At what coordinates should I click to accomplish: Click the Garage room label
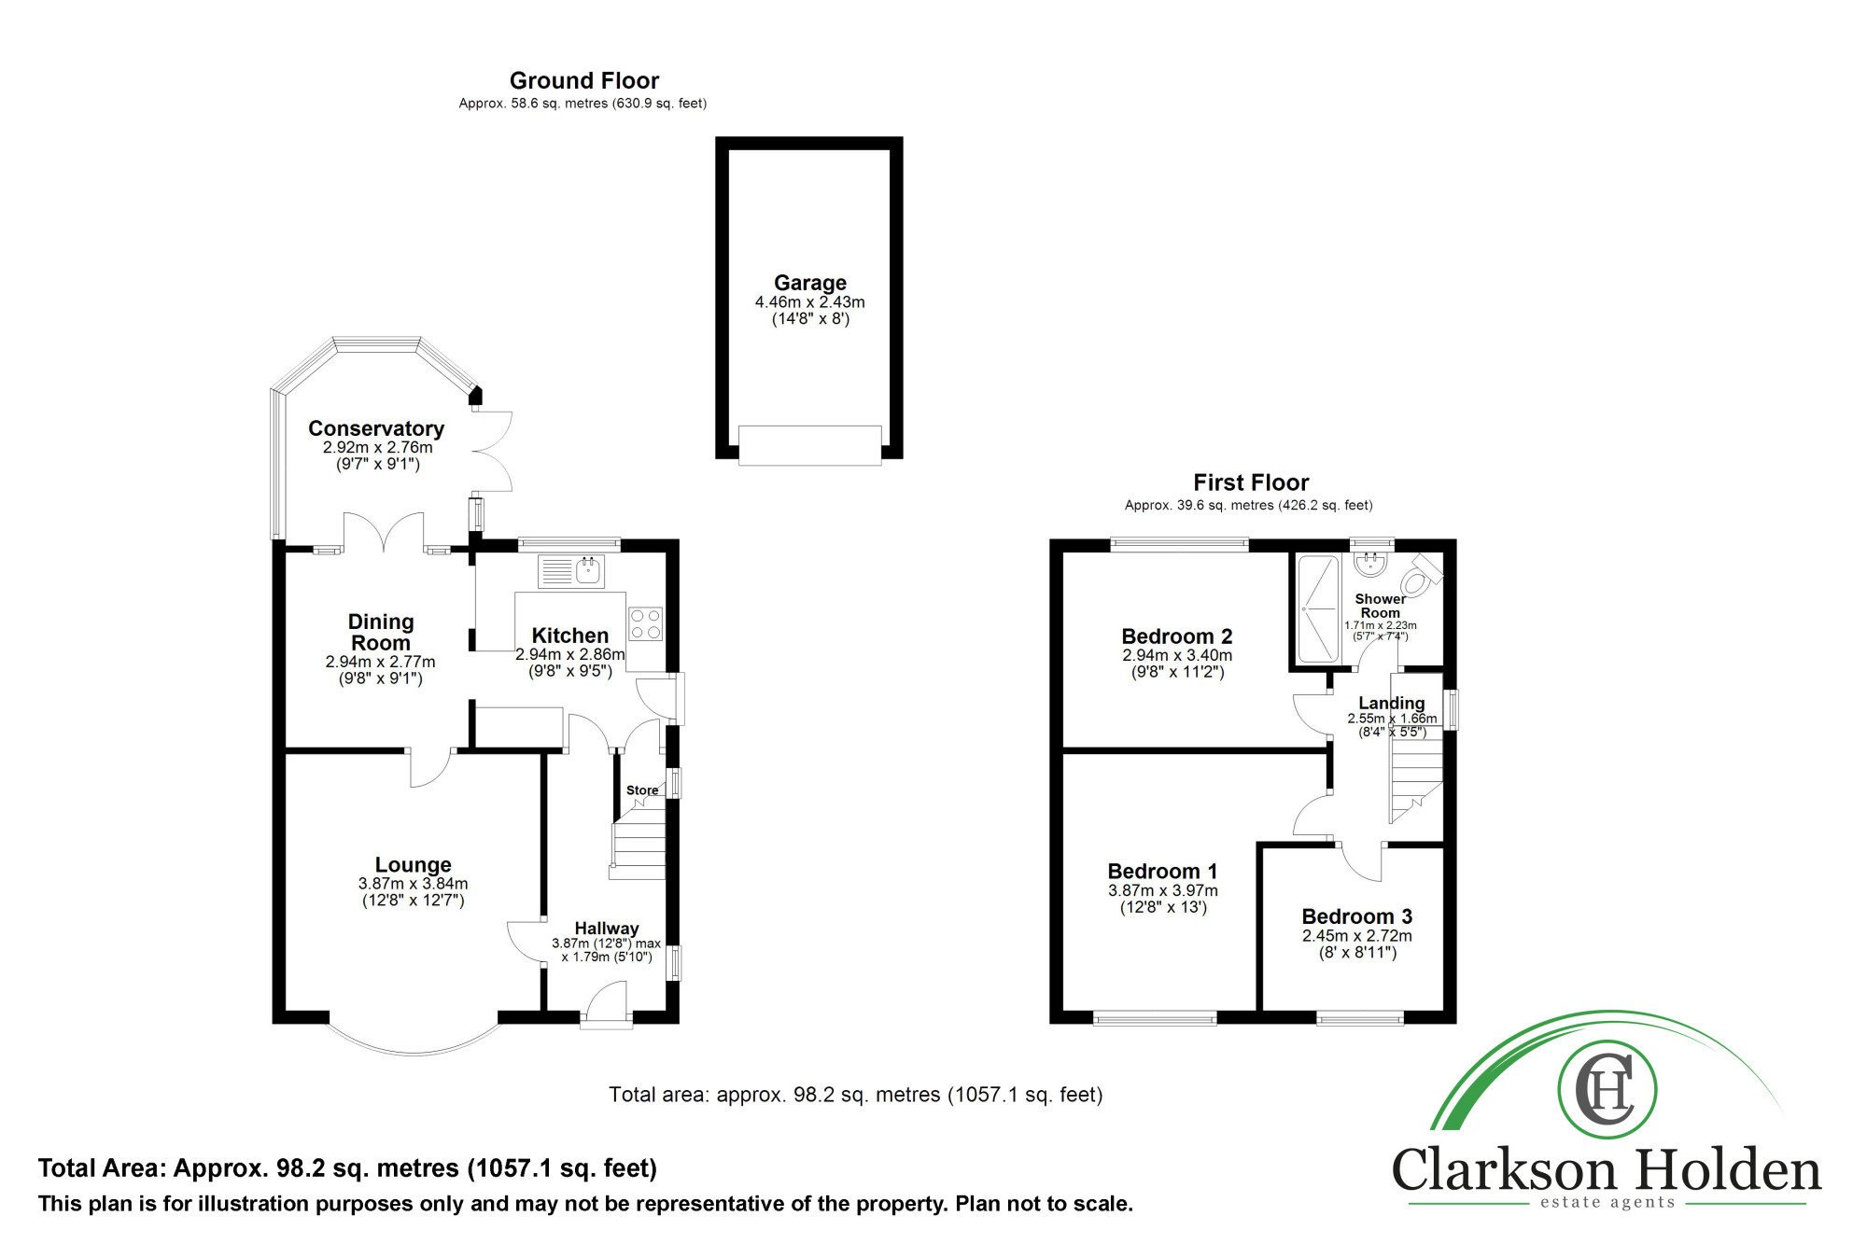(x=810, y=283)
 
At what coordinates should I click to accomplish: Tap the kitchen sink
(x=571, y=571)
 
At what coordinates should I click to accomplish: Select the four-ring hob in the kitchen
(x=645, y=624)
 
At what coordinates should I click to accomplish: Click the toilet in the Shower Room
(x=1420, y=575)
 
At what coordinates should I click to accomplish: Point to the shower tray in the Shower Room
(x=1318, y=608)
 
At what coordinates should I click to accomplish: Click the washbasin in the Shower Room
(x=1370, y=562)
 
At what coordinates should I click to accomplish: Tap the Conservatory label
(x=376, y=428)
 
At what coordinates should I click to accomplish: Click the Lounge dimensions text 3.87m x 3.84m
(x=414, y=884)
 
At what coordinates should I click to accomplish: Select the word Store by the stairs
(x=642, y=790)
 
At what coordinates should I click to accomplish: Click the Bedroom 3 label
(x=1357, y=916)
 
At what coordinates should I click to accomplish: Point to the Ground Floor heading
(x=584, y=81)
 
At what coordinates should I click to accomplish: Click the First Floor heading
(x=1251, y=482)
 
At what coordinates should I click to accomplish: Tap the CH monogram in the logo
(x=1607, y=1089)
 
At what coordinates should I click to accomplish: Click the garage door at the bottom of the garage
(x=810, y=445)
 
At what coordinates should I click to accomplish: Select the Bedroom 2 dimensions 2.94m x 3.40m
(x=1177, y=655)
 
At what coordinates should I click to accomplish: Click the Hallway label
(x=607, y=929)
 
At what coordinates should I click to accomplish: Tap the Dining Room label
(x=381, y=632)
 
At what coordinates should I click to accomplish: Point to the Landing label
(x=1392, y=703)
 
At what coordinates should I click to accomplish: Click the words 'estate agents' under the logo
(x=1607, y=1202)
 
